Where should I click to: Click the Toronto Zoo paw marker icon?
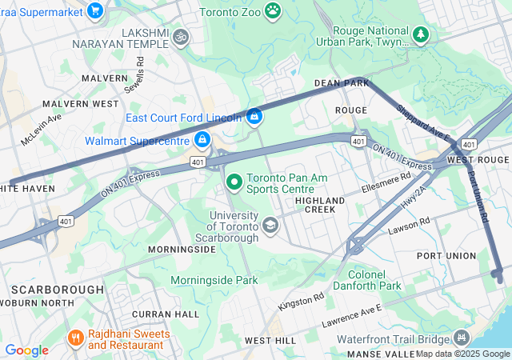tap(274, 10)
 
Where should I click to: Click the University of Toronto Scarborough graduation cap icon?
tap(270, 226)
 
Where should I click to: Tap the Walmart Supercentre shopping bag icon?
tap(202, 141)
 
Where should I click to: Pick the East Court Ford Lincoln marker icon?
tap(254, 117)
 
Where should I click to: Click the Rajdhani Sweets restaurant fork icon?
tap(76, 338)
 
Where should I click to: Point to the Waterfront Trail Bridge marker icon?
tap(460, 338)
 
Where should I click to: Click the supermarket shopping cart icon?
tap(95, 10)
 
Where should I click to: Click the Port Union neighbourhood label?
tap(446, 256)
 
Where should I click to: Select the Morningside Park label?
tap(214, 281)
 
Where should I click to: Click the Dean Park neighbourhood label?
tap(342, 83)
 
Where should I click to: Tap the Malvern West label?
tap(80, 104)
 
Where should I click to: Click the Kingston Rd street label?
tap(302, 302)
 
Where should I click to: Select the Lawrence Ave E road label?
tap(352, 318)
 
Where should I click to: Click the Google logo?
tap(26, 350)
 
